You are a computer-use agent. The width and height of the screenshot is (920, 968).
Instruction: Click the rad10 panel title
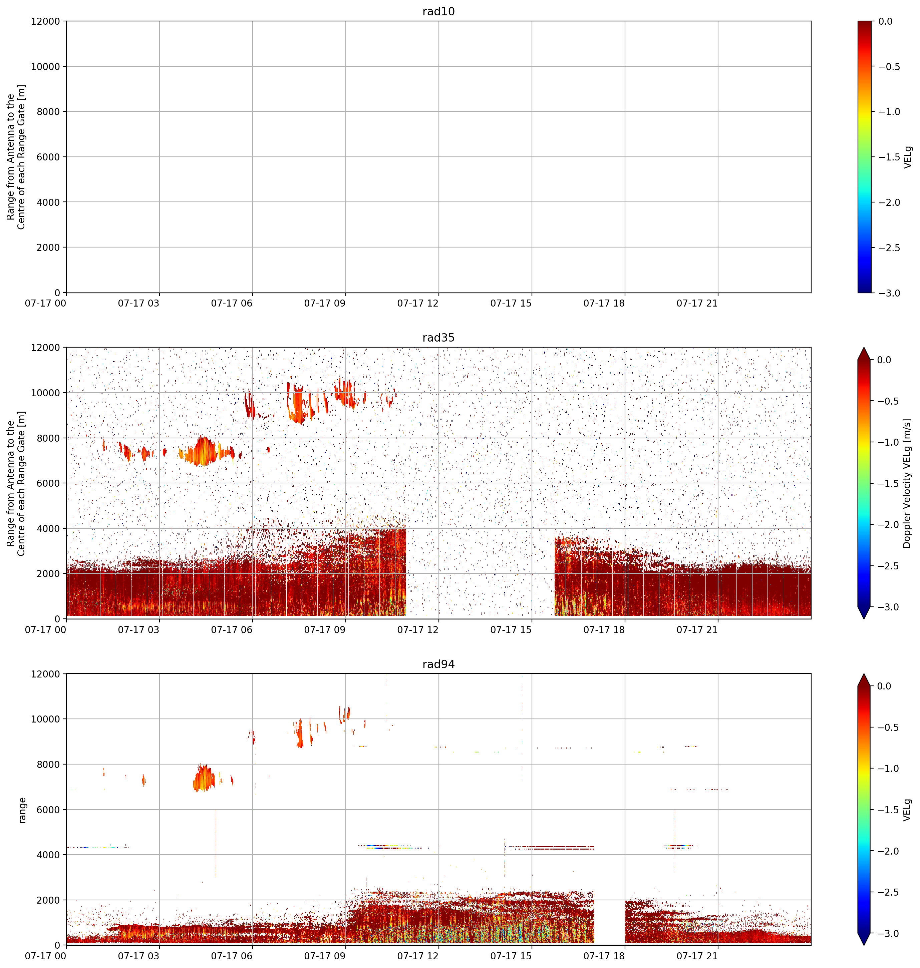(x=438, y=11)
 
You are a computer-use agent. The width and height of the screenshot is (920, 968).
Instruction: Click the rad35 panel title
(x=438, y=338)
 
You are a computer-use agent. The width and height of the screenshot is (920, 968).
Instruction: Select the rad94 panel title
(x=438, y=664)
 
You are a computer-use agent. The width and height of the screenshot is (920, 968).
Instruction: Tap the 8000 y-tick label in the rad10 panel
(x=48, y=112)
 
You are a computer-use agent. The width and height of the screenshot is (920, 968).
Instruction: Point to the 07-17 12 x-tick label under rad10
(x=418, y=304)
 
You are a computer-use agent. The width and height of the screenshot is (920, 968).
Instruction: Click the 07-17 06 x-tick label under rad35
(x=232, y=630)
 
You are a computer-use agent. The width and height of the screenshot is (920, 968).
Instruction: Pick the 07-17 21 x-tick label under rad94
(x=697, y=956)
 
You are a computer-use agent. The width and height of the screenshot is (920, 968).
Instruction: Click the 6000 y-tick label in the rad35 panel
(x=48, y=483)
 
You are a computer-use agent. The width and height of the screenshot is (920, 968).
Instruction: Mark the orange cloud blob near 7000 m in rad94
(x=204, y=778)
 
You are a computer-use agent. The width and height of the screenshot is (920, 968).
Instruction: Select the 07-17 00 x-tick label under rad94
(x=46, y=956)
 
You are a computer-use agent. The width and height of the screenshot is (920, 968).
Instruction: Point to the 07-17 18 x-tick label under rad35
(x=604, y=630)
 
